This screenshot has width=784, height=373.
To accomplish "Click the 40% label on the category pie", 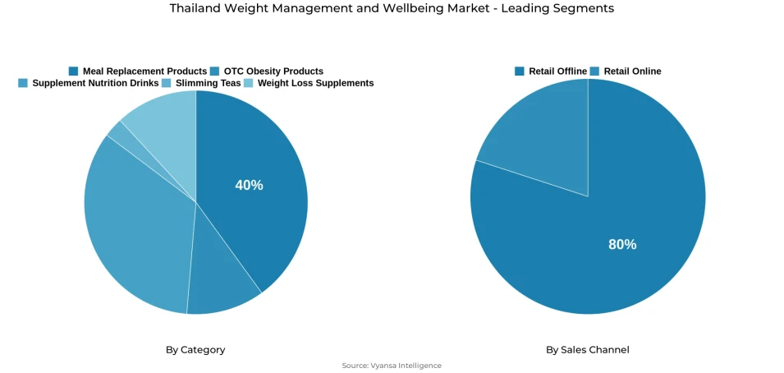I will pos(249,185).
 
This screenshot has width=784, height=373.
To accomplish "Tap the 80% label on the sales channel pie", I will pos(622,244).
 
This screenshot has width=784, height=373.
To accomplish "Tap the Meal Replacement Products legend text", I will pos(144,71).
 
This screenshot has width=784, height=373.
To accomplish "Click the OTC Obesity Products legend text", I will pos(273,71).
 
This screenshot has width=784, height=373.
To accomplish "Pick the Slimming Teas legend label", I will pos(208,83).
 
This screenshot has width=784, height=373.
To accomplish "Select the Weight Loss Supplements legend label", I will pos(315,83).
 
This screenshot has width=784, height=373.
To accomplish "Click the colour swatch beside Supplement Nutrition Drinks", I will pos(23,83).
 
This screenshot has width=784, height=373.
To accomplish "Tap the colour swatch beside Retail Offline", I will pos(519,71).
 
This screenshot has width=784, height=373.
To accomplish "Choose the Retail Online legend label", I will pos(632,71).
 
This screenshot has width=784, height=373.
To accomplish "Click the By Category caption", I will pos(195,349).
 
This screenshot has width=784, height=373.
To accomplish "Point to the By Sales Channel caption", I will pos(588,349).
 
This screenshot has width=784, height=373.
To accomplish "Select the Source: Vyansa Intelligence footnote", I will pos(392,366).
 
